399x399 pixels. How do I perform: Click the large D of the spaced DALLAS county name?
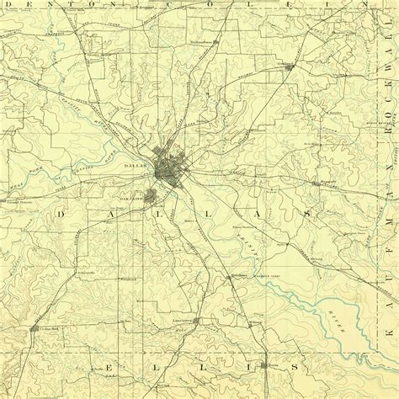click(61, 216)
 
